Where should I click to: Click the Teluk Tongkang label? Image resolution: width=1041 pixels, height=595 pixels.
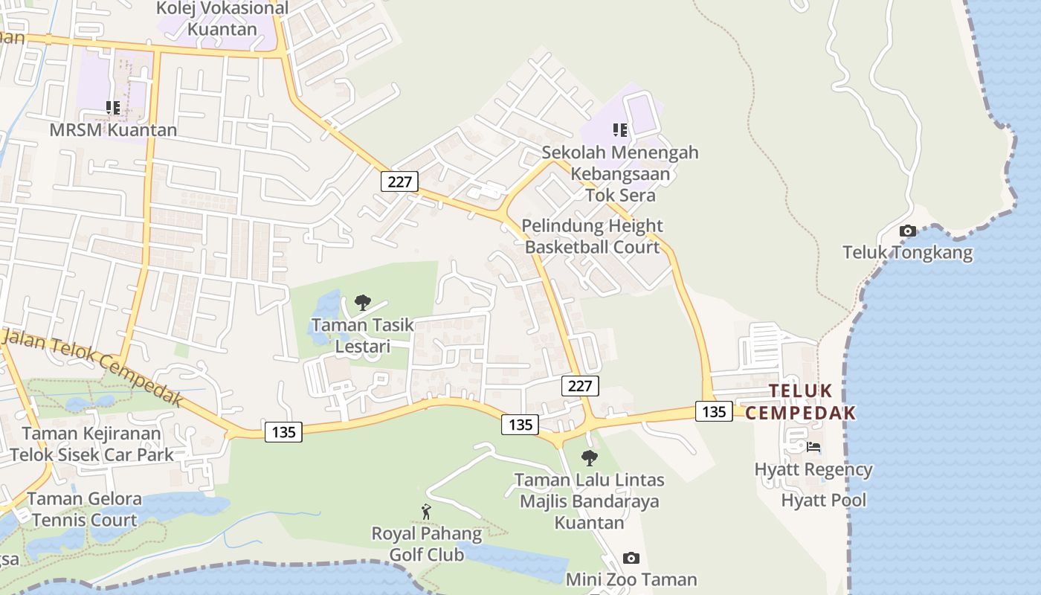(907, 253)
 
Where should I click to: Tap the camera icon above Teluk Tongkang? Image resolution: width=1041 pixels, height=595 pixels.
(907, 231)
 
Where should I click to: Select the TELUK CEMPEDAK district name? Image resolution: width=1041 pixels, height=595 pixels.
(800, 402)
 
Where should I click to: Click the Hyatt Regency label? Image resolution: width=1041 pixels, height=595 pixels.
(813, 470)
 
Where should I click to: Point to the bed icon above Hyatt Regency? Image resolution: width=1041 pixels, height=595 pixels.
(813, 447)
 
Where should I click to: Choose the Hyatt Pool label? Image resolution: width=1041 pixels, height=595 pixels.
(823, 500)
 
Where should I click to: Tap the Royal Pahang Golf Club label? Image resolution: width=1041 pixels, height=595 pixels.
(427, 544)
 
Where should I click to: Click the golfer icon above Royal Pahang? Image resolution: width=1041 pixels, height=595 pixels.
(426, 512)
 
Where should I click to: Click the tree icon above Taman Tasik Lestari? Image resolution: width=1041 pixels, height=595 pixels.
(362, 302)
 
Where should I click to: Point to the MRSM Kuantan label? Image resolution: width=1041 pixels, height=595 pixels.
(113, 130)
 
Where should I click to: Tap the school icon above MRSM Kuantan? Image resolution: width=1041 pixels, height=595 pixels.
(112, 109)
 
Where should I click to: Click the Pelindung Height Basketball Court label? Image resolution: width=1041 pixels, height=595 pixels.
(592, 237)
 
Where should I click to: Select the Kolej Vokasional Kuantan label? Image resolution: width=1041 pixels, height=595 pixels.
(222, 19)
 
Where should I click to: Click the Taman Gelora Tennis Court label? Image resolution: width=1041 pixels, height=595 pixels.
(84, 509)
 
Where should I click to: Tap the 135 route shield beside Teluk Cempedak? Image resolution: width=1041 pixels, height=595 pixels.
(714, 411)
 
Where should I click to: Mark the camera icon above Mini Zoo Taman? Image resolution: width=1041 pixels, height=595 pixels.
(631, 558)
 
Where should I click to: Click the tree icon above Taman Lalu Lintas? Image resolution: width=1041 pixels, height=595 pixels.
(590, 457)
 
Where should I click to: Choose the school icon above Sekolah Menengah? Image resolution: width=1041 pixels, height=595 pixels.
(620, 130)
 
